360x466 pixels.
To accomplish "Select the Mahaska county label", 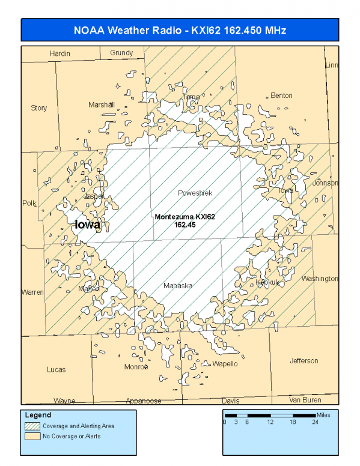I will pos(178,286).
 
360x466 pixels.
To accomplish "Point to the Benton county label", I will pos(281,95).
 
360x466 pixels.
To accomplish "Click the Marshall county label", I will pos(102,104).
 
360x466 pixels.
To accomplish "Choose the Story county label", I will pos(39,108).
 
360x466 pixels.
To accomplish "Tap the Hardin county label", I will pos(60,53).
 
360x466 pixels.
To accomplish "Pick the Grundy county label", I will pos(121,53).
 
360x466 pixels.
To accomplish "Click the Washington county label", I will pos(320,279).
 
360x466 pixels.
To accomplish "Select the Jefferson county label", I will pos(304,360).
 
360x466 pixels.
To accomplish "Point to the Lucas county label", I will pos(56,369).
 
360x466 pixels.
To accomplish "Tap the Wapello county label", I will pos(225,364).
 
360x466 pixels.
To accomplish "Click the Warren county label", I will pos(32,292).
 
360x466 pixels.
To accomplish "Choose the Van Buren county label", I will pos(305,399).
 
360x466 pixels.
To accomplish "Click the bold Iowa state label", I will pos(87,225).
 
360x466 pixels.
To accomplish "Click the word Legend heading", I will pos(38,415).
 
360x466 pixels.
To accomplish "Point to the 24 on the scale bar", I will pos(315,422).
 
